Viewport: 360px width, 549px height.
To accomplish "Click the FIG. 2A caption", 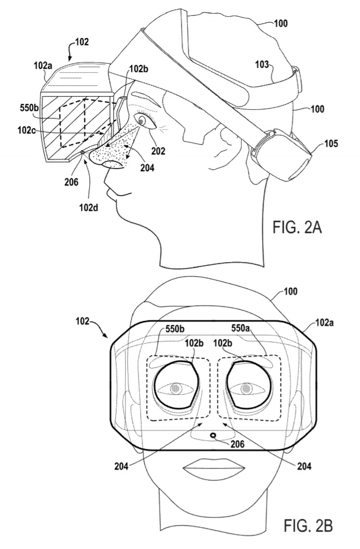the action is [297, 228].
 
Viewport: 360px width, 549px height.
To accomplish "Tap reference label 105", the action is [331, 143].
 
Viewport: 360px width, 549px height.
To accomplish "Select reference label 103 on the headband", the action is [262, 65].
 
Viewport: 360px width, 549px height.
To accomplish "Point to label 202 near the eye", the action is [158, 151].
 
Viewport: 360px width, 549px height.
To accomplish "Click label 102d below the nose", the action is [89, 208].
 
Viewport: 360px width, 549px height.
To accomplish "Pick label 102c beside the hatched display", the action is [27, 130].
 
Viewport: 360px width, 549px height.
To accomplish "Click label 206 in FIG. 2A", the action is [71, 182].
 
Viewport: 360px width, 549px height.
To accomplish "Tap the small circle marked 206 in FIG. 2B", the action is [213, 435].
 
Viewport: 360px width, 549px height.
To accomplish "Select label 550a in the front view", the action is [240, 329].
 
